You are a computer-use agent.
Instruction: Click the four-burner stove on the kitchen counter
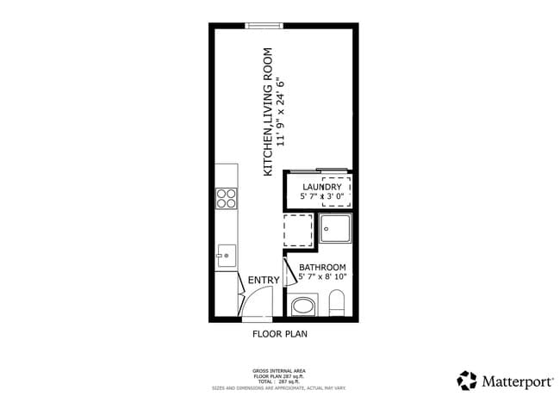(x=226, y=199)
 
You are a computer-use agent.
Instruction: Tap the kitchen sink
(x=227, y=255)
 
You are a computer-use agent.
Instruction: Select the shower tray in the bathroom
(x=335, y=230)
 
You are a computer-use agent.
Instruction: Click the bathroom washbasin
(x=302, y=305)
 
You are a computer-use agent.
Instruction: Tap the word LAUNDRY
(x=322, y=187)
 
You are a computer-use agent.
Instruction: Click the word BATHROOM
(x=322, y=267)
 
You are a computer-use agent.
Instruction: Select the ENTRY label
(x=263, y=281)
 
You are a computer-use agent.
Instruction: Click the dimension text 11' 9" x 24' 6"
(x=280, y=112)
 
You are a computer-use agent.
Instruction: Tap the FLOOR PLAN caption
(x=279, y=334)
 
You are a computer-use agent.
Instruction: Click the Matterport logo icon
(x=466, y=380)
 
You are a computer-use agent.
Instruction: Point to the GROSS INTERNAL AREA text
(x=279, y=367)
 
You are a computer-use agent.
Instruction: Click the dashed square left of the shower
(x=298, y=230)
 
